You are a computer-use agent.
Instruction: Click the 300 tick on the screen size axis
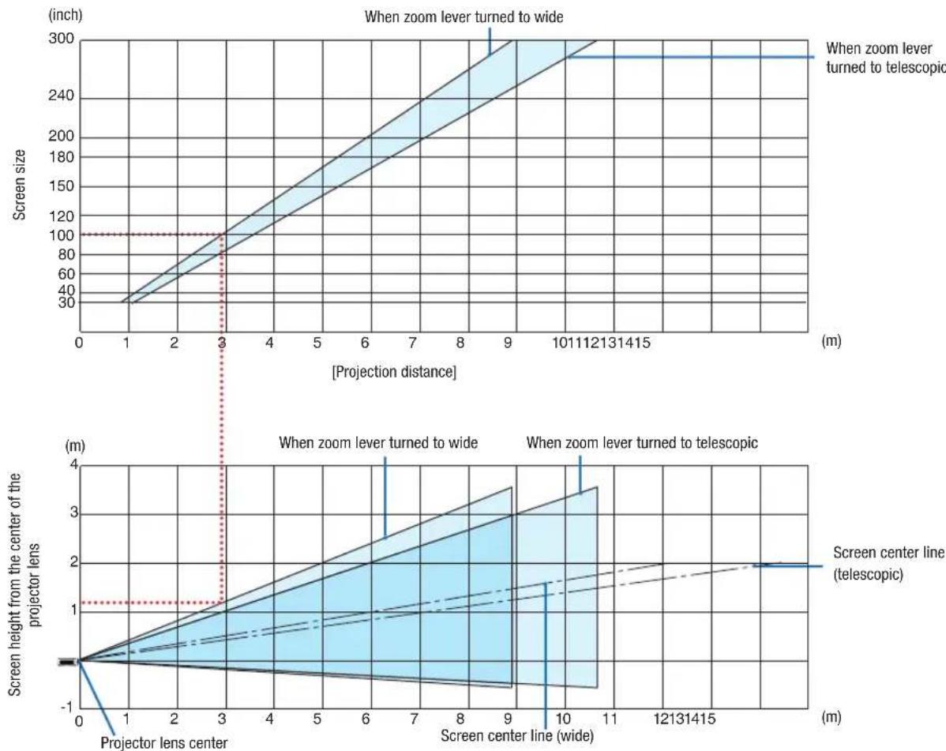[61, 39]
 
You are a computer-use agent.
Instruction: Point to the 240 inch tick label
[61, 96]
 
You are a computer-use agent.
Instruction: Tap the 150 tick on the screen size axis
[61, 186]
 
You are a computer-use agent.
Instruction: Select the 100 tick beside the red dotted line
[61, 235]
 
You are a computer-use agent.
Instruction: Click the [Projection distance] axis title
[394, 372]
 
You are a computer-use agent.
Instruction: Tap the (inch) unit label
[66, 15]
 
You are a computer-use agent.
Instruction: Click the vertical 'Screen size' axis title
[20, 185]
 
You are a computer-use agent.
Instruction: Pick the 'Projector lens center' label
[164, 742]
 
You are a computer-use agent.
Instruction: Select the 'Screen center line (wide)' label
[517, 736]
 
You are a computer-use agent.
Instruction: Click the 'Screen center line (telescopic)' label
[887, 563]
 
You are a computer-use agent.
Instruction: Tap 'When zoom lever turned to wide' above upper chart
[464, 17]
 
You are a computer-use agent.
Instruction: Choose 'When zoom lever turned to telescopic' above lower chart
[642, 443]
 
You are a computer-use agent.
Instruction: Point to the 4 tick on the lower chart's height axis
[74, 464]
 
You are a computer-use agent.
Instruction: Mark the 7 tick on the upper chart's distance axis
[412, 343]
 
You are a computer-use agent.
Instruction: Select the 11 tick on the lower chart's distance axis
[610, 719]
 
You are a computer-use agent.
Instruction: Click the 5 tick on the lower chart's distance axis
[317, 719]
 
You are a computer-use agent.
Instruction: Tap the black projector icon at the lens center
[69, 662]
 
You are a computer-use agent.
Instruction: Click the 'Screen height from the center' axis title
[24, 584]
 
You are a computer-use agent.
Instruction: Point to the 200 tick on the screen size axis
[61, 137]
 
